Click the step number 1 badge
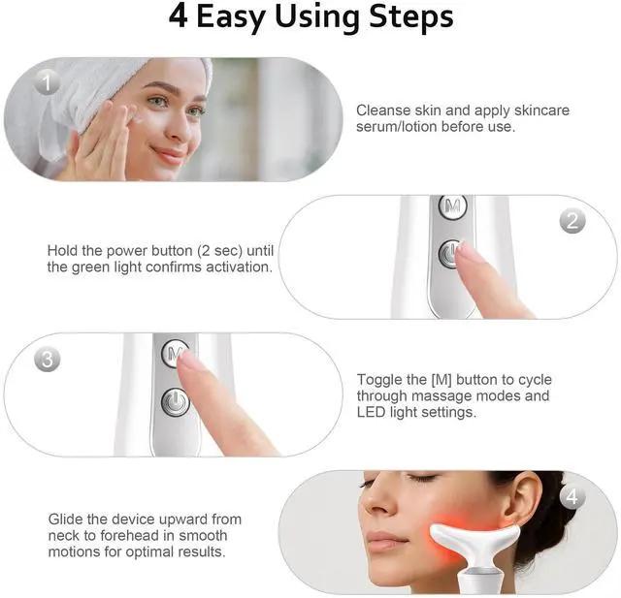point(48,83)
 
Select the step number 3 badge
point(48,360)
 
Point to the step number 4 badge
point(572,496)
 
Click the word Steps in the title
point(411,16)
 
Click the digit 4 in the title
point(178,16)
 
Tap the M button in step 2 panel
point(453,205)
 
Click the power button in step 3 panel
point(175,402)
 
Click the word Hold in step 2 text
point(62,251)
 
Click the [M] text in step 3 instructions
point(441,380)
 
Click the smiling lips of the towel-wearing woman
point(169,154)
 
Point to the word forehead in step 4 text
point(124,536)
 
